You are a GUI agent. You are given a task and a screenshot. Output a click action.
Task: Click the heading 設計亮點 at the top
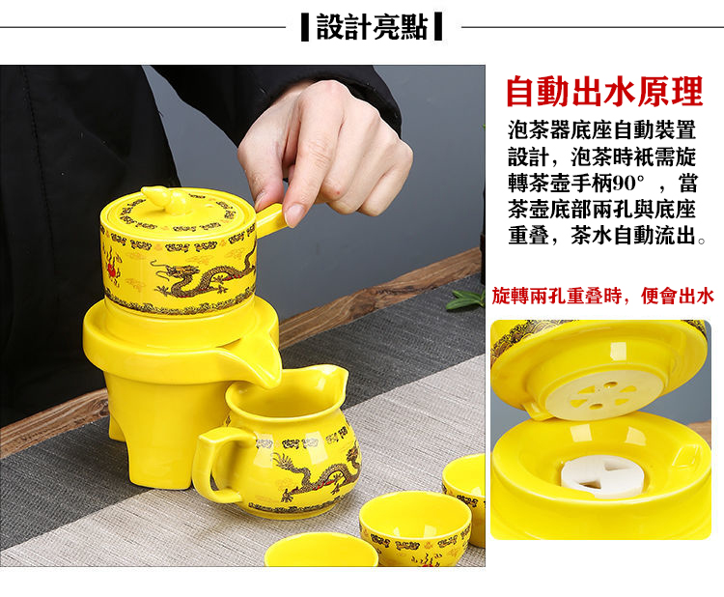[372, 27]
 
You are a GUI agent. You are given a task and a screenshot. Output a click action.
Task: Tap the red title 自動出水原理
[604, 92]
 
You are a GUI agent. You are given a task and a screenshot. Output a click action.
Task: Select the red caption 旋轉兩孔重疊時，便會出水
[603, 296]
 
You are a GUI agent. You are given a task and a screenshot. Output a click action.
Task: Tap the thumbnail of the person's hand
[293, 213]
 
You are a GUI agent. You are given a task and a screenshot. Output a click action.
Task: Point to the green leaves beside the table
[465, 298]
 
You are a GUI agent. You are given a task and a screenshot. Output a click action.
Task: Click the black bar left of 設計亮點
[305, 28]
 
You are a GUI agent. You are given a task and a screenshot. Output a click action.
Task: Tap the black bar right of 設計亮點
[438, 28]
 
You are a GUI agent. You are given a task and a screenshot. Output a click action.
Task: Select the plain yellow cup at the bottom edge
[320, 550]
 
